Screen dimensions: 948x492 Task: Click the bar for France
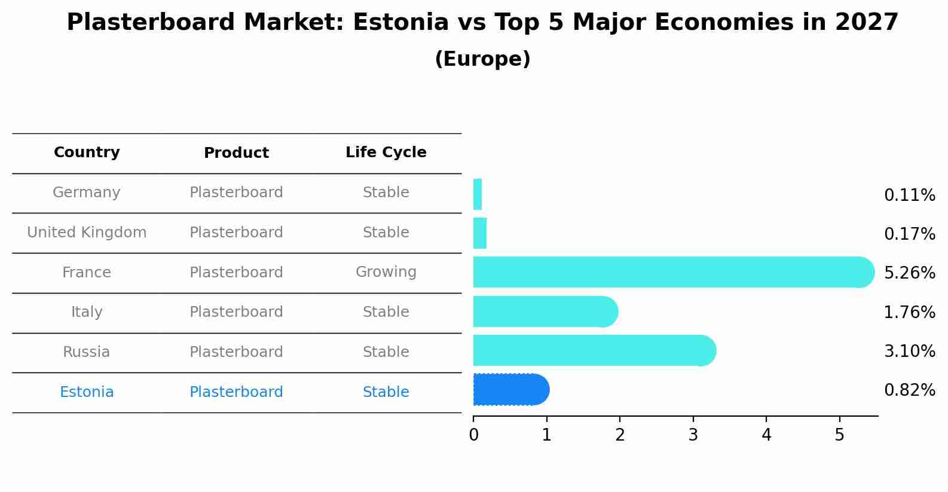[x=674, y=272]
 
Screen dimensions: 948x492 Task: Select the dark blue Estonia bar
[x=511, y=390]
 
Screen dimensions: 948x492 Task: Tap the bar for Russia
[x=595, y=350]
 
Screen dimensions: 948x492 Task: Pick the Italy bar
[x=546, y=311]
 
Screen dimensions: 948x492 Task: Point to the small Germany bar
[x=478, y=194]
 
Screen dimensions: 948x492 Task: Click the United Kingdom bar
[x=480, y=233]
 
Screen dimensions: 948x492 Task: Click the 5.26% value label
[x=910, y=273]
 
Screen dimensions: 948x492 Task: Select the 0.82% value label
[x=910, y=390]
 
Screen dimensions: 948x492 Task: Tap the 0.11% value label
[x=910, y=195]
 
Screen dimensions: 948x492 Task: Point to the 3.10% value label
[x=910, y=351]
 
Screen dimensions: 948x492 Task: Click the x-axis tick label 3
[x=693, y=435]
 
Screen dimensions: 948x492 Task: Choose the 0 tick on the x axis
[x=473, y=435]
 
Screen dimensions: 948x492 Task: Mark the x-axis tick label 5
[x=840, y=435]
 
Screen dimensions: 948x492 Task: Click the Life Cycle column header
[x=386, y=152]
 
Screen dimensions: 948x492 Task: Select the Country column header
[x=87, y=152]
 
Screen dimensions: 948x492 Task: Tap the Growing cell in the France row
[x=386, y=272]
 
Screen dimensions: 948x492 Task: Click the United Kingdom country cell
[x=87, y=233]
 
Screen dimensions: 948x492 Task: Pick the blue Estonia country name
[x=87, y=392]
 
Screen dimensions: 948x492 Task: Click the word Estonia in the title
[x=400, y=22]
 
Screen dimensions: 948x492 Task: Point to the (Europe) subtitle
[x=482, y=59]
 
